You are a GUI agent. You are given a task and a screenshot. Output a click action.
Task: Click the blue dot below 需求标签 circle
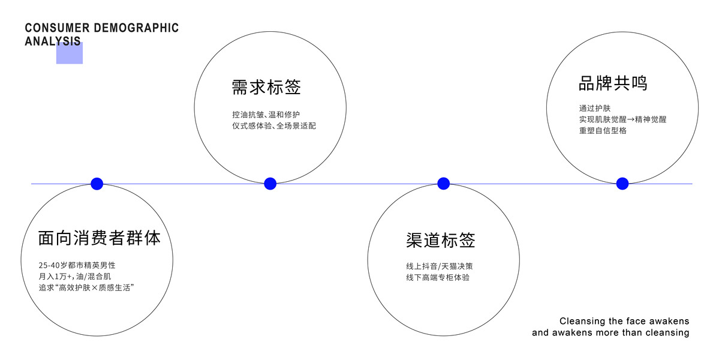click(270, 184)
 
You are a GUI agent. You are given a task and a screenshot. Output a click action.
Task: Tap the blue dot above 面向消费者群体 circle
click(97, 184)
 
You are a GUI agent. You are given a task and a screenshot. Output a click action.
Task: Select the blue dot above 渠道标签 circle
click(443, 184)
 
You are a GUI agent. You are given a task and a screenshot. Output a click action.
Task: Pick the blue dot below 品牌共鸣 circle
click(622, 184)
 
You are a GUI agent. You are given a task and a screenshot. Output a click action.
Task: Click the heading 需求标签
click(266, 88)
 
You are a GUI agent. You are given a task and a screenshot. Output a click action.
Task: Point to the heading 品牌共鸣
click(613, 83)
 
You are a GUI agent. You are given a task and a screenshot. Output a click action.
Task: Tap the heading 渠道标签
click(440, 240)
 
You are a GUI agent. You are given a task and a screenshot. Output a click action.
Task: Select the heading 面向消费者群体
click(100, 238)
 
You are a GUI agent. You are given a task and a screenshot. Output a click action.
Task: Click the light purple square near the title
click(70, 53)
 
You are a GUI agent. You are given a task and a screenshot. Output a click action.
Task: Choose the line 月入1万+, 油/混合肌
click(74, 276)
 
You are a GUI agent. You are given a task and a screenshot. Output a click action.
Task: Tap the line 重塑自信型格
click(603, 130)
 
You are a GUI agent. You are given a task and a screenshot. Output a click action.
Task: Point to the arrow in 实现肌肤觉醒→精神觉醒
click(624, 119)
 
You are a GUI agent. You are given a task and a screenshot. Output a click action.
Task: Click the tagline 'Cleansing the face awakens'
click(624, 321)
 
